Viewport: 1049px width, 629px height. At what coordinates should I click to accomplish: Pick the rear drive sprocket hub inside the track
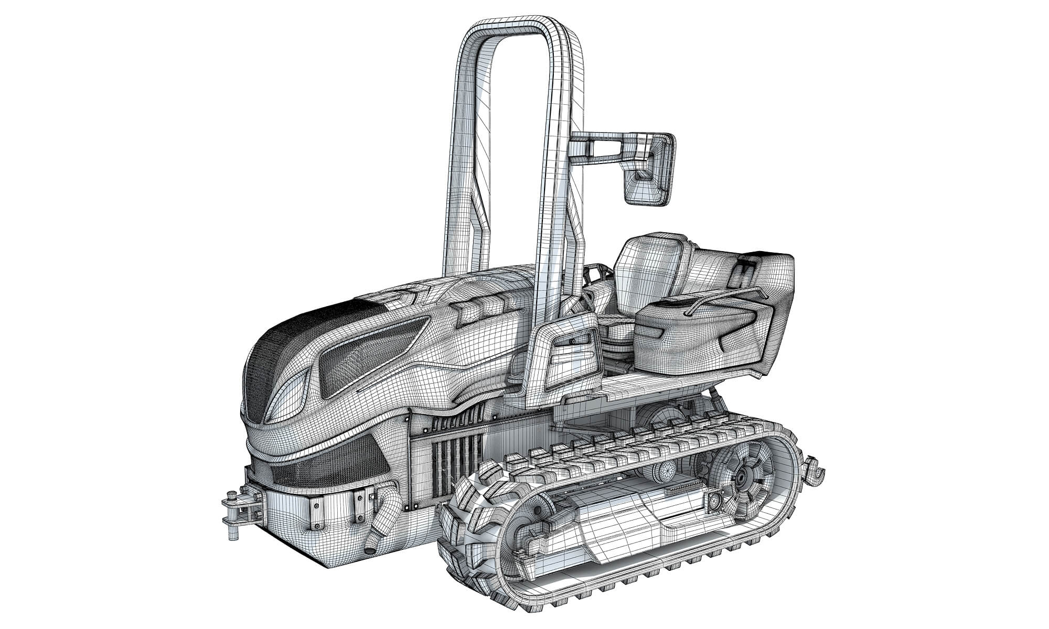[741, 478]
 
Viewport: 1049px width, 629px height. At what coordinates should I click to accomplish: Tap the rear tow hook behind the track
[816, 468]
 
